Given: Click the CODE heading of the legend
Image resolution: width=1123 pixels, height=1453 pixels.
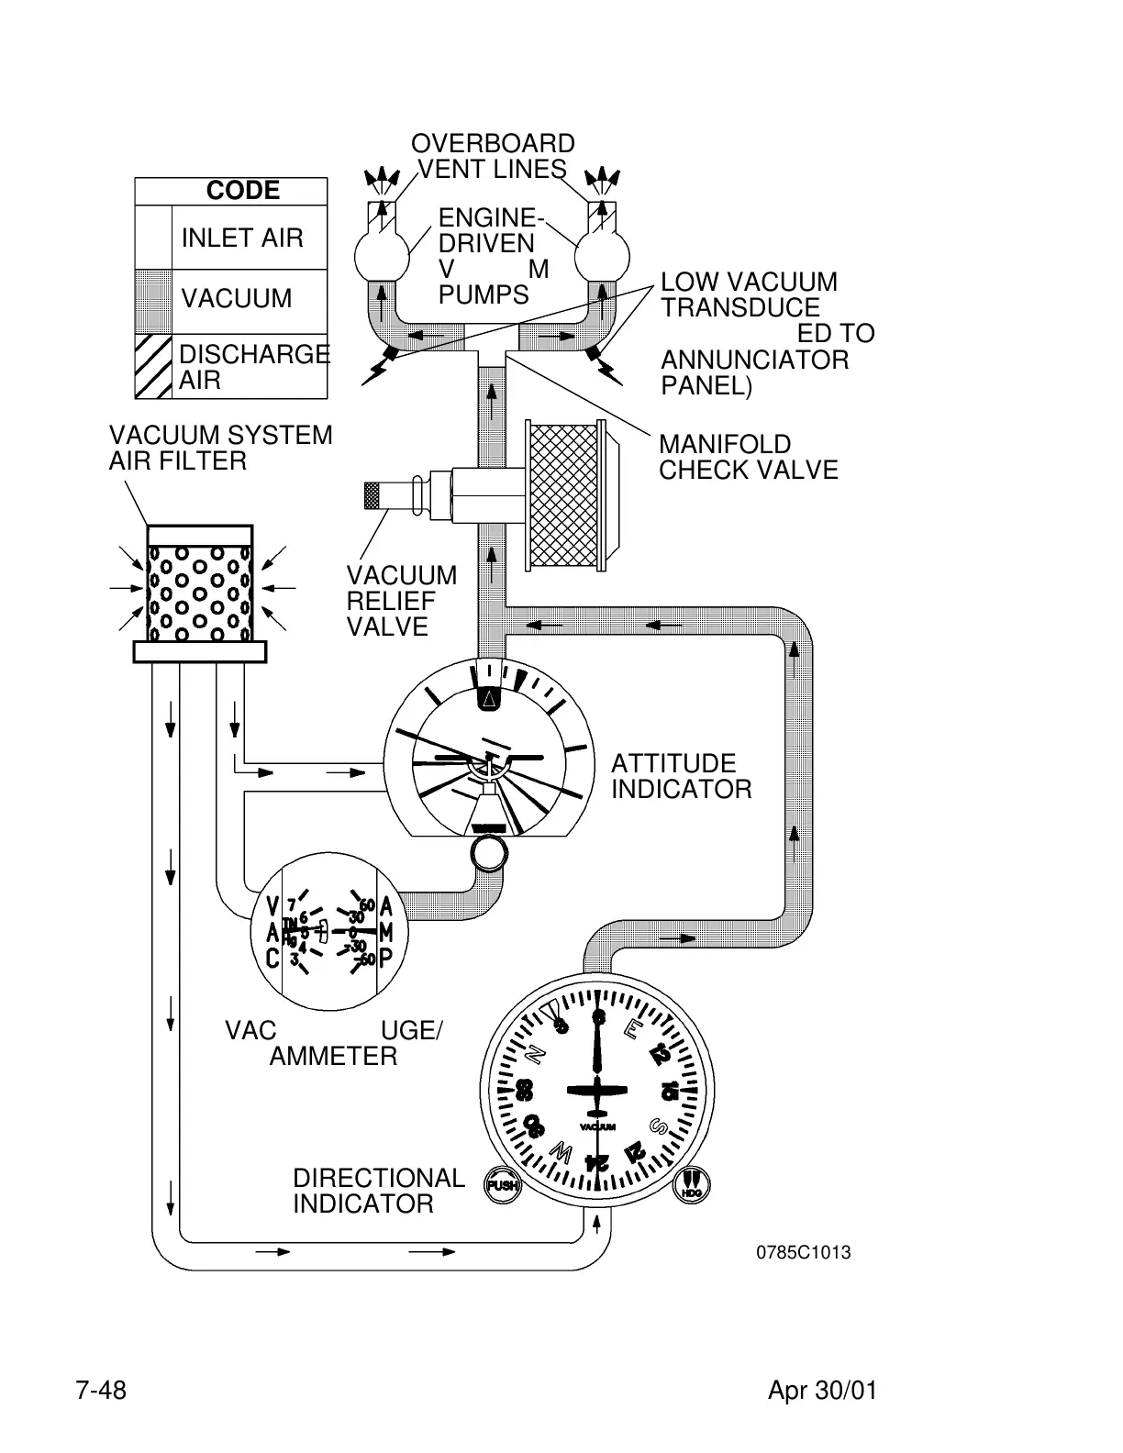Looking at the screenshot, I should click(x=243, y=191).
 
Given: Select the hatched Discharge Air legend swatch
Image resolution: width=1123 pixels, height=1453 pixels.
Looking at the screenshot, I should click(x=153, y=367).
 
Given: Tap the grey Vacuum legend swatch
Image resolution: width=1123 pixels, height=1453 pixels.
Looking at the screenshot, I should click(x=153, y=301).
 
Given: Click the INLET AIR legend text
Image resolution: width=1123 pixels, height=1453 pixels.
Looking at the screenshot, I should click(x=242, y=238).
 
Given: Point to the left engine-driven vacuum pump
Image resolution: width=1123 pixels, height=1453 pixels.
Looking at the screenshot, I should click(x=383, y=253).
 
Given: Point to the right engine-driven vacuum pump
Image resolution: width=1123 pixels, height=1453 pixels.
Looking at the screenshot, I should click(x=602, y=253).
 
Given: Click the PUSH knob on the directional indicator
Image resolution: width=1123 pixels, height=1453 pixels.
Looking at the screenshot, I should click(x=502, y=1185).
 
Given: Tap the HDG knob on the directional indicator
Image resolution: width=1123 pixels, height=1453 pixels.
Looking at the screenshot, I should click(x=693, y=1185).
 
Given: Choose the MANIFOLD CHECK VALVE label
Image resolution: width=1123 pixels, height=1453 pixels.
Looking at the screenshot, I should click(x=748, y=457).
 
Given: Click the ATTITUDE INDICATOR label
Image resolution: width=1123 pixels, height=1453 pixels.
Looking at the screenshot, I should click(x=681, y=776).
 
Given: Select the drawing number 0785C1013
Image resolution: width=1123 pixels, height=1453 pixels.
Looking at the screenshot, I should click(x=803, y=1253).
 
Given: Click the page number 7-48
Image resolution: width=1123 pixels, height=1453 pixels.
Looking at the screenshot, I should click(x=101, y=1391).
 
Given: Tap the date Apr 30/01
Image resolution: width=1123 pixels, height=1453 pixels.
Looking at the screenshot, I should click(x=822, y=1391).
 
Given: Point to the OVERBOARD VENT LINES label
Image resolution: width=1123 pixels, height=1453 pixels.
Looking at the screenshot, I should click(x=493, y=156).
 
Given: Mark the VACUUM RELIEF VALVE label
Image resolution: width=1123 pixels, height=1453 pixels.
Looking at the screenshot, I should click(x=401, y=601).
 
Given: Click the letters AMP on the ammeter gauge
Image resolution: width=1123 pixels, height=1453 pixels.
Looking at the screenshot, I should click(x=386, y=933).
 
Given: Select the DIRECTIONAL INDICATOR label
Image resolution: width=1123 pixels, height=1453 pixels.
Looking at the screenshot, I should click(x=378, y=1191).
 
